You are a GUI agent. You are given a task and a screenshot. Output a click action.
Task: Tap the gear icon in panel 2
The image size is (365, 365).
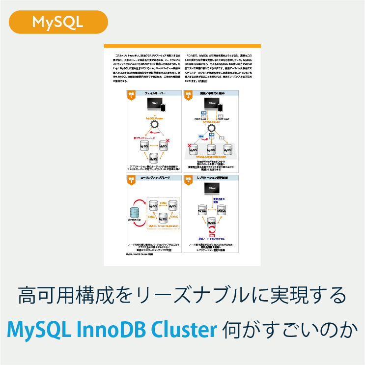(212, 129)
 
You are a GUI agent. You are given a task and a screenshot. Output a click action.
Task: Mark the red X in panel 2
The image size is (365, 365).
(189, 145)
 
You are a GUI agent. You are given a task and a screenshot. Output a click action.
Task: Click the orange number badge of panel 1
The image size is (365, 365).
(131, 95)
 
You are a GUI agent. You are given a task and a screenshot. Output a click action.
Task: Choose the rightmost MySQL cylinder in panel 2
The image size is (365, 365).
(227, 149)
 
